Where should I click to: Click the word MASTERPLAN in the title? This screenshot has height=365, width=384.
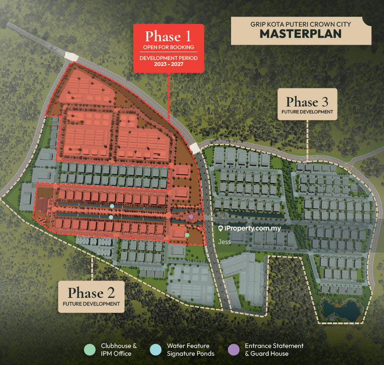[300, 34]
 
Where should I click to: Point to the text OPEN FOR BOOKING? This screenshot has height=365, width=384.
[168, 47]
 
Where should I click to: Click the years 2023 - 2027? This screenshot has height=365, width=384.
[168, 64]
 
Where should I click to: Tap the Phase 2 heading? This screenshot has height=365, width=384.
[91, 293]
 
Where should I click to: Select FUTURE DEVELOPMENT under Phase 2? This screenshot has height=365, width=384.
[91, 304]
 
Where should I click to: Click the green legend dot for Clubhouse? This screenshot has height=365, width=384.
[89, 350]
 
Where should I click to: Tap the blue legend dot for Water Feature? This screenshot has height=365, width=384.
[155, 350]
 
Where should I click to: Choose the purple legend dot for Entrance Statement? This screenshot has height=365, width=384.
[233, 350]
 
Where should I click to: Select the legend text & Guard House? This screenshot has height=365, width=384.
[266, 354]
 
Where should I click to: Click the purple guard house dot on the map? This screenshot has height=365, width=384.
[191, 217]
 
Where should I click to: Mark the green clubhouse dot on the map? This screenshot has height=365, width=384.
[187, 235]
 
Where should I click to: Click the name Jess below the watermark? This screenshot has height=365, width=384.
[224, 242]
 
